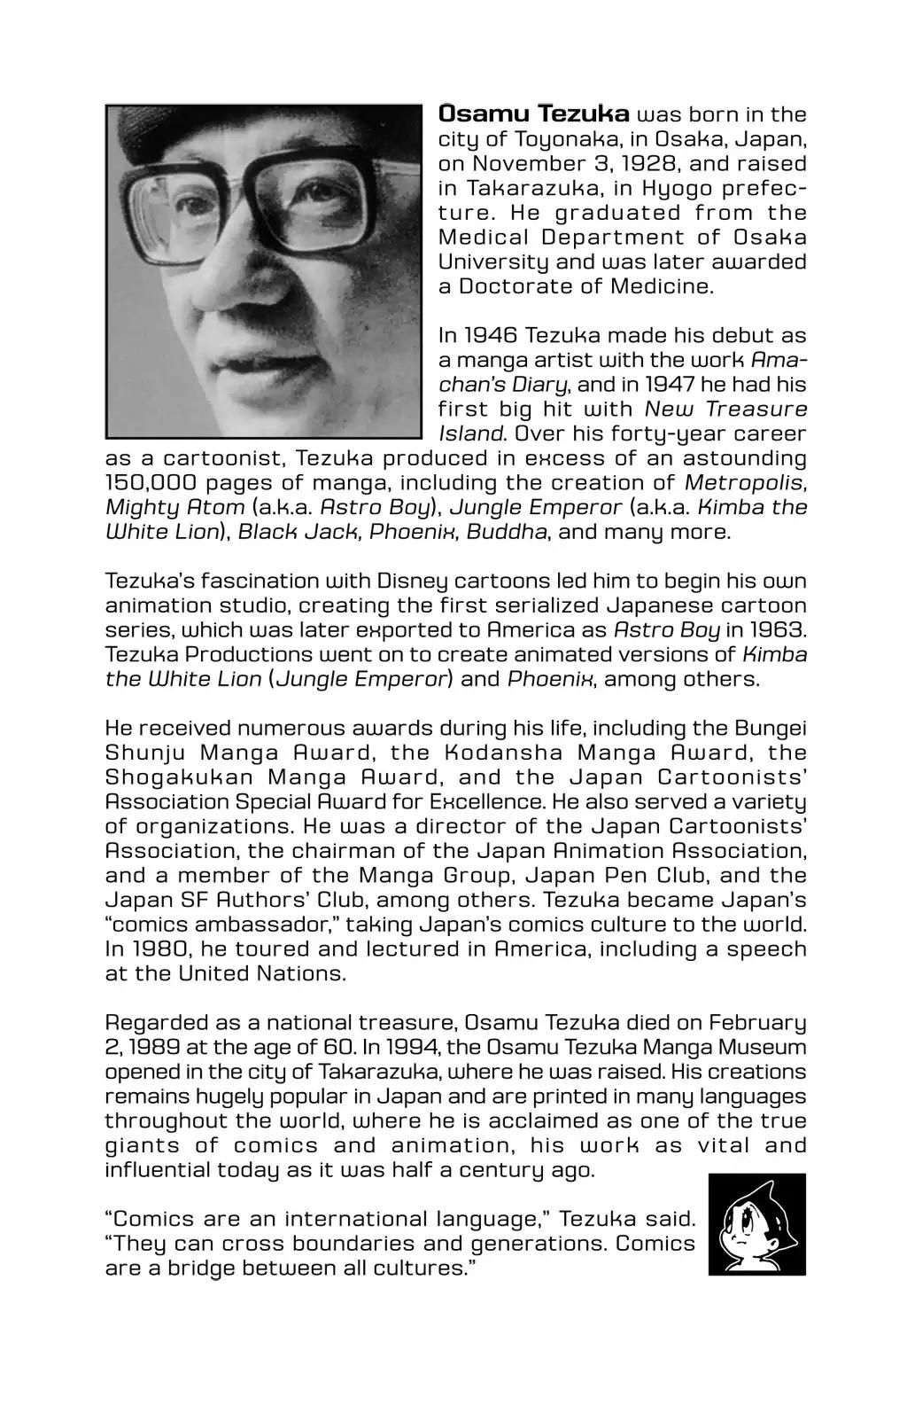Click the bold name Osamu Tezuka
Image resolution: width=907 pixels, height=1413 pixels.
pos(534,114)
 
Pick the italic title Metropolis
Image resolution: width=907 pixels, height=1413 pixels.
pos(746,483)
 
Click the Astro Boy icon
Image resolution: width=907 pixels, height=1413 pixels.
pos(756,1224)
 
